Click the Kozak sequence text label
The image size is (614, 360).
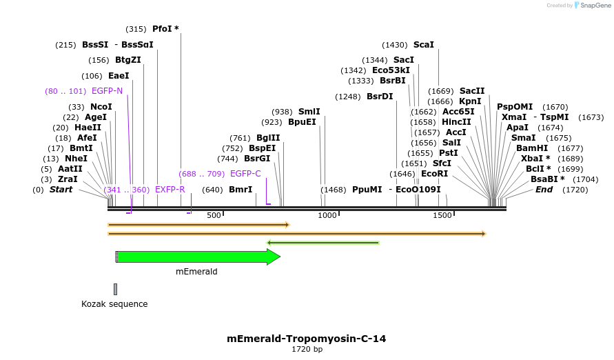[x=114, y=304]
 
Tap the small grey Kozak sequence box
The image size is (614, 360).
[x=116, y=289]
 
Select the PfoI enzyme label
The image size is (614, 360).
[x=165, y=29]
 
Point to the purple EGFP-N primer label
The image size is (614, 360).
[x=107, y=91]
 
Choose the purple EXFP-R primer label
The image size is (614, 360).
[x=170, y=190]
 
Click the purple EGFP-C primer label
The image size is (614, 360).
[x=245, y=174]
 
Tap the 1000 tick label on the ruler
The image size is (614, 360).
[x=327, y=216]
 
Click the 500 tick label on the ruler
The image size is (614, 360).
[x=214, y=216]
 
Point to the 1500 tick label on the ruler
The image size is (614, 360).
[x=442, y=216]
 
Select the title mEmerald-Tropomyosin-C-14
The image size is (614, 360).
[x=307, y=339]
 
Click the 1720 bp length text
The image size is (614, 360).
[x=307, y=350]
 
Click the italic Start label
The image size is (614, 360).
[x=61, y=190]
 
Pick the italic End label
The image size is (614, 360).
[x=544, y=190]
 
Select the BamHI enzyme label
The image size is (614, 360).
[x=532, y=148]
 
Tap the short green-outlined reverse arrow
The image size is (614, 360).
[x=323, y=243]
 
